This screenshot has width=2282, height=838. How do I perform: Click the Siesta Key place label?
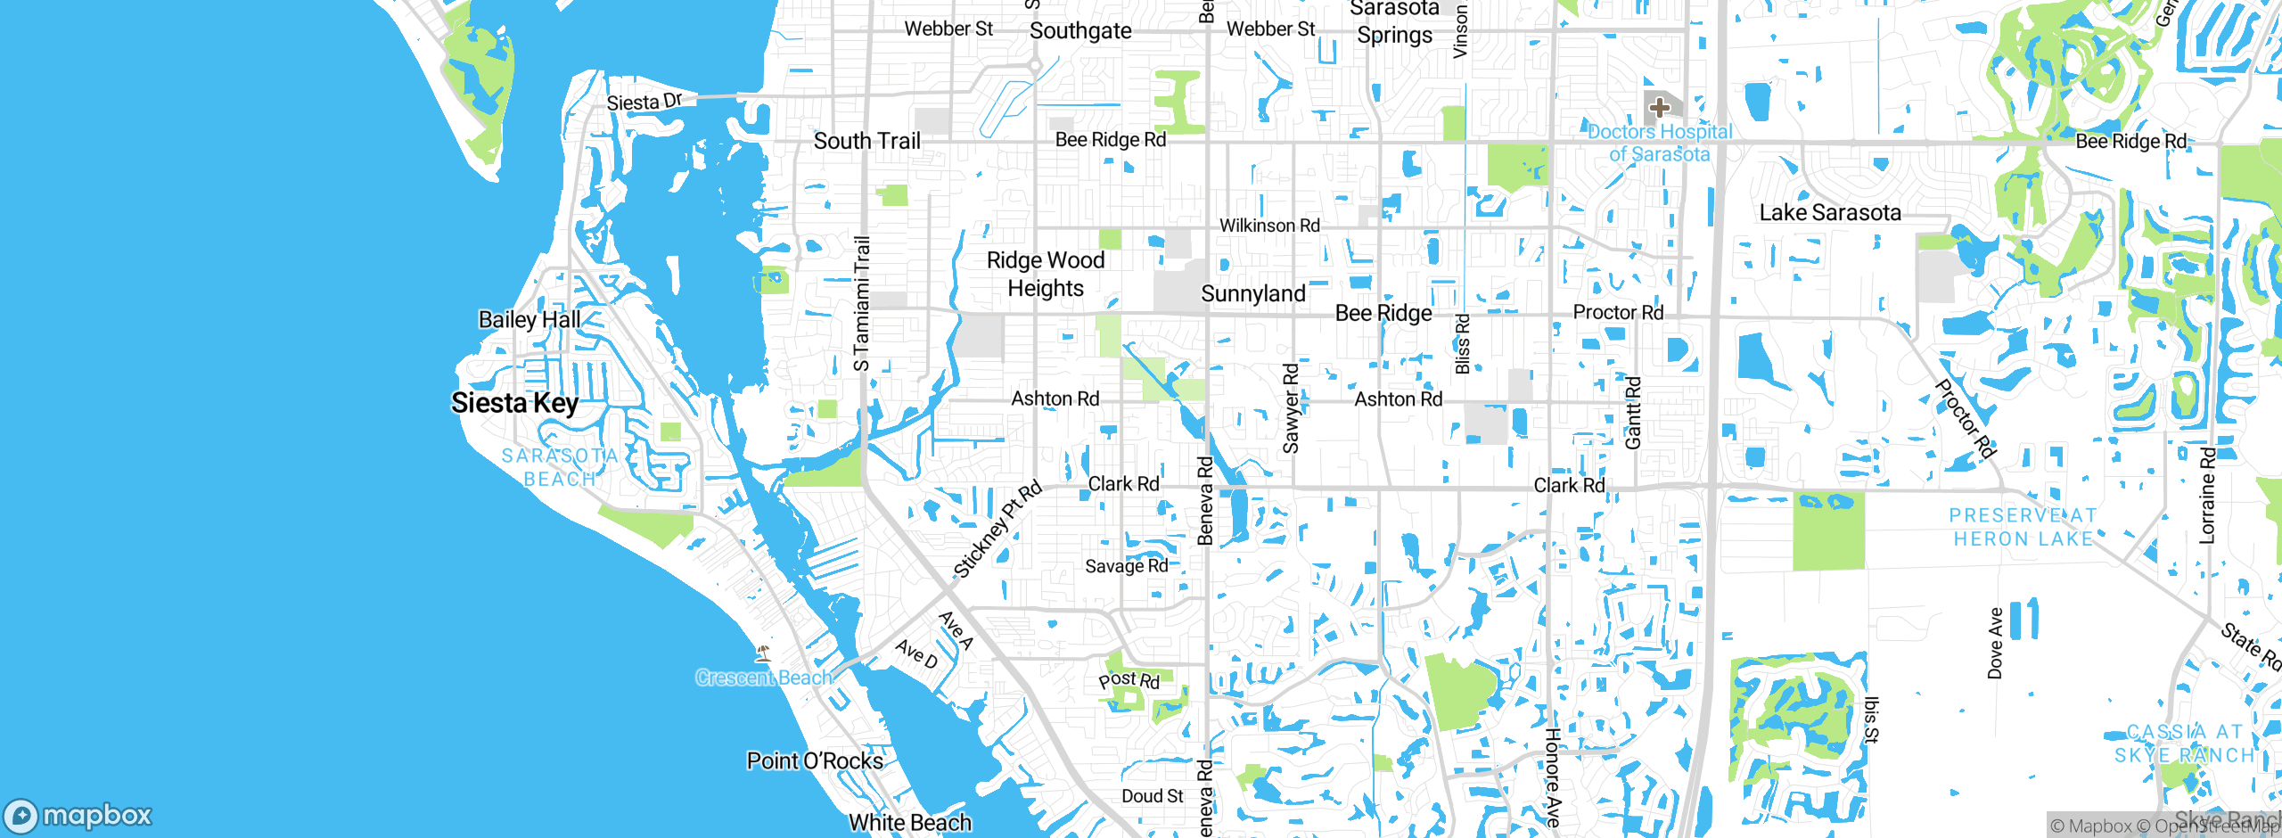pyautogui.click(x=514, y=403)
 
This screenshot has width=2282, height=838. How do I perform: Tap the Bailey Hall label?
pyautogui.click(x=529, y=319)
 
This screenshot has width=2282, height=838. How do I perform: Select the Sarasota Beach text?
pyautogui.click(x=560, y=467)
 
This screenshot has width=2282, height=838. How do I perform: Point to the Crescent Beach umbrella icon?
pyautogui.click(x=763, y=653)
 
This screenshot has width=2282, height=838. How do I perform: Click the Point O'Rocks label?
pyautogui.click(x=815, y=760)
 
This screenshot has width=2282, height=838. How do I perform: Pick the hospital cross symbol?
pyautogui.click(x=1659, y=108)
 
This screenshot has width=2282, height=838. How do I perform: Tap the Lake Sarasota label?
pyautogui.click(x=1830, y=212)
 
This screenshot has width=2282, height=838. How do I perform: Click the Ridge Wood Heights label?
pyautogui.click(x=1046, y=274)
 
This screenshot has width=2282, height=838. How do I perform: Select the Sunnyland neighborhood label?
pyautogui.click(x=1252, y=293)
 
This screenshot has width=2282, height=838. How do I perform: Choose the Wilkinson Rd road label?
pyautogui.click(x=1269, y=226)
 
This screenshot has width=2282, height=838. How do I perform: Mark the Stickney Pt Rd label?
pyautogui.click(x=997, y=530)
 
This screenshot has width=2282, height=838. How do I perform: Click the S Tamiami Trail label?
pyautogui.click(x=861, y=303)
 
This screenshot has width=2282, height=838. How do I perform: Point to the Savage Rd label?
pyautogui.click(x=1126, y=565)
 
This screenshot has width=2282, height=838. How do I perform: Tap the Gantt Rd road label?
pyautogui.click(x=1633, y=413)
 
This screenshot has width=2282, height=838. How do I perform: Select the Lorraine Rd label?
pyautogui.click(x=2207, y=495)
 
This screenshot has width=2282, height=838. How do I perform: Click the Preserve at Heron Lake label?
pyautogui.click(x=2023, y=527)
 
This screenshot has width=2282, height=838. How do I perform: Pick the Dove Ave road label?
pyautogui.click(x=1996, y=643)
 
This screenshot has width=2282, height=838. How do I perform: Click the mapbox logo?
pyautogui.click(x=78, y=815)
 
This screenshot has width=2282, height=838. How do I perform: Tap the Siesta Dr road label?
pyautogui.click(x=644, y=102)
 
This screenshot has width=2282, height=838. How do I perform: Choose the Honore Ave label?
pyautogui.click(x=1553, y=776)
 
